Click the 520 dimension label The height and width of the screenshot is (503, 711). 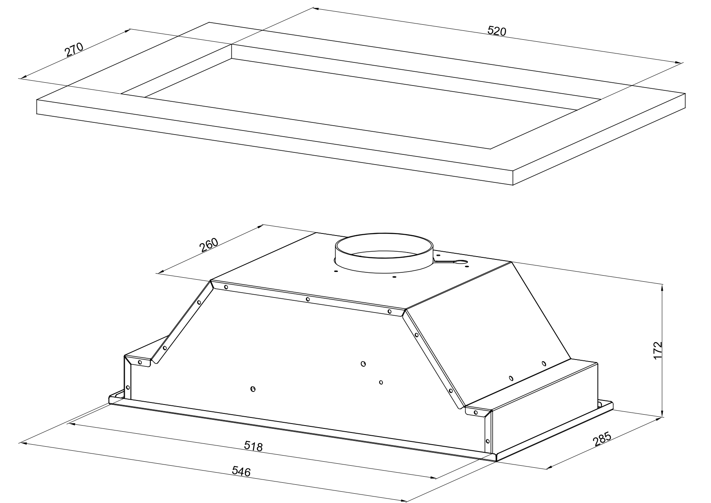497,31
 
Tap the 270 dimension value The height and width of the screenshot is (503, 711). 74,49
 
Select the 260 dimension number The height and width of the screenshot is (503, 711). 209,245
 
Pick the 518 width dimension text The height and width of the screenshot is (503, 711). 254,446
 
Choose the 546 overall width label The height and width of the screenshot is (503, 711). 241,471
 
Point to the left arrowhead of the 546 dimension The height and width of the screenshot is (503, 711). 23,443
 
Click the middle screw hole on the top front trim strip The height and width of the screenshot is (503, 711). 308,300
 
